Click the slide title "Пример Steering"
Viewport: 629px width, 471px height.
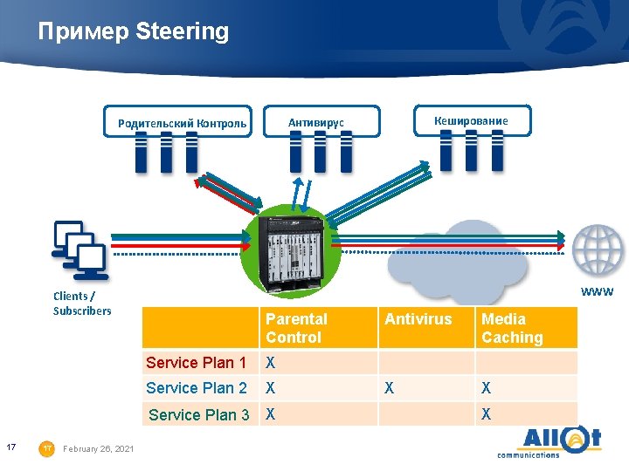tap(133, 32)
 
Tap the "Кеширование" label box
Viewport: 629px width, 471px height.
tap(470, 120)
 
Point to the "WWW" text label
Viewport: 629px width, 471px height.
tap(598, 291)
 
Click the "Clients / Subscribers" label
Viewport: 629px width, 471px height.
tap(82, 304)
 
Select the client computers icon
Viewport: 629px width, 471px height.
tap(79, 249)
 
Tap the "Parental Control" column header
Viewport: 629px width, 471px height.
tap(297, 328)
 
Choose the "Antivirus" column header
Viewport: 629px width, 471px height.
tap(418, 319)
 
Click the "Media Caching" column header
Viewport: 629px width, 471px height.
tap(512, 328)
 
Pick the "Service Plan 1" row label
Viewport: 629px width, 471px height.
tap(196, 362)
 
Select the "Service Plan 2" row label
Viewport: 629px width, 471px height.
tap(196, 387)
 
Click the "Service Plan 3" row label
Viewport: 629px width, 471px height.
tap(198, 414)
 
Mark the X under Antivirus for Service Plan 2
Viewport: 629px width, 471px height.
tap(390, 387)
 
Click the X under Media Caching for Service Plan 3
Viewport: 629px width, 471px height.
tap(487, 414)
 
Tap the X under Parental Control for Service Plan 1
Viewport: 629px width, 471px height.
tap(271, 362)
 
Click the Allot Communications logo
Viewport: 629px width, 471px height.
tap(549, 440)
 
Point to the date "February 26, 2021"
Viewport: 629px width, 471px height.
tap(99, 448)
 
